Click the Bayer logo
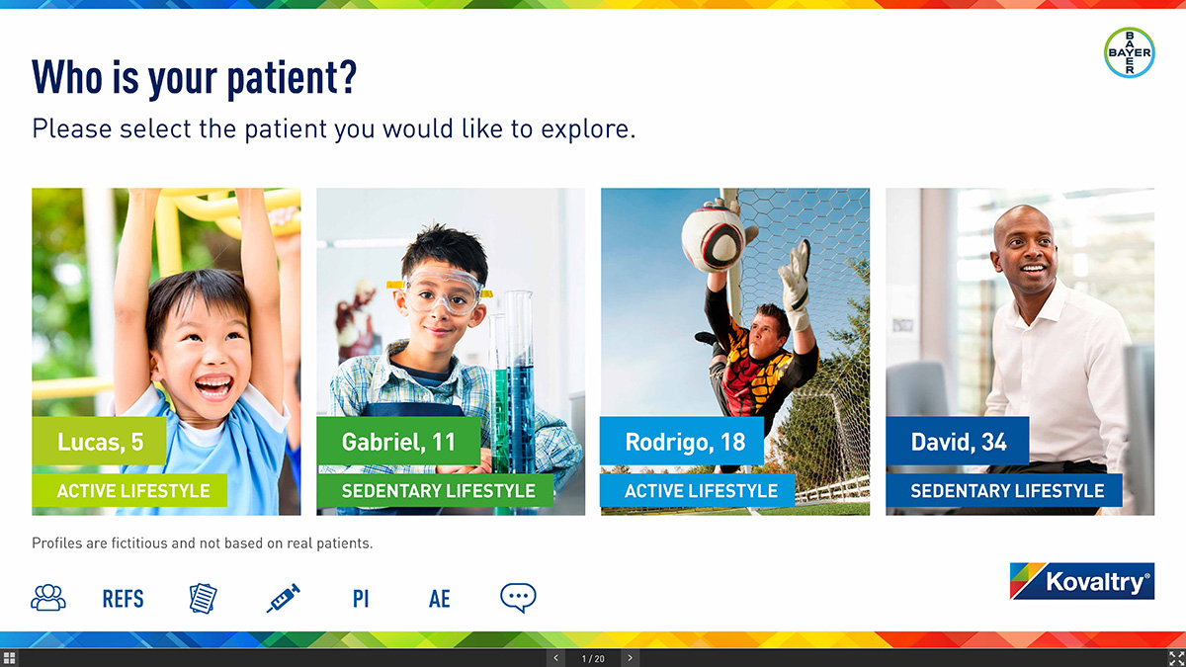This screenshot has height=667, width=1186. pos(1129,52)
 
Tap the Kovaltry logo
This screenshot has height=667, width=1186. pos(1081,581)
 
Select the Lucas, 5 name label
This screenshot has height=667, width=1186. pos(100,441)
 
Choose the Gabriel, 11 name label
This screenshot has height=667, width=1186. pos(398,441)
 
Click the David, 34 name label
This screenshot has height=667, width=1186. pos(958,441)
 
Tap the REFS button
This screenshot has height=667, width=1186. pos(123,599)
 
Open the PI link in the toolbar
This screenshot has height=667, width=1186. pos(361,599)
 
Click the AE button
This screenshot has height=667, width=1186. pos(440,599)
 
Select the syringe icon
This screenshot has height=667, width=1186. pos(284,598)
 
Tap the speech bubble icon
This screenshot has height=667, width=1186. pos(518,598)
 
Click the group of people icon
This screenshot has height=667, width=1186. pos(48,598)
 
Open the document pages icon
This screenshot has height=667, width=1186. pos(204,598)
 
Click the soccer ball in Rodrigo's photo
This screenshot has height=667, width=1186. pos(713,240)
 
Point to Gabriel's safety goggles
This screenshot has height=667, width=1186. pos(441,291)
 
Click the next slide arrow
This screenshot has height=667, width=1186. pos(631,658)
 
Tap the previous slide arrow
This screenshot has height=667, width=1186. pos(555,658)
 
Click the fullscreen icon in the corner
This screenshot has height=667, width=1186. pos(1176,658)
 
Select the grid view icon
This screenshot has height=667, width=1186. pos(9,658)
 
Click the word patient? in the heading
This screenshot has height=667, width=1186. pos(292,78)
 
